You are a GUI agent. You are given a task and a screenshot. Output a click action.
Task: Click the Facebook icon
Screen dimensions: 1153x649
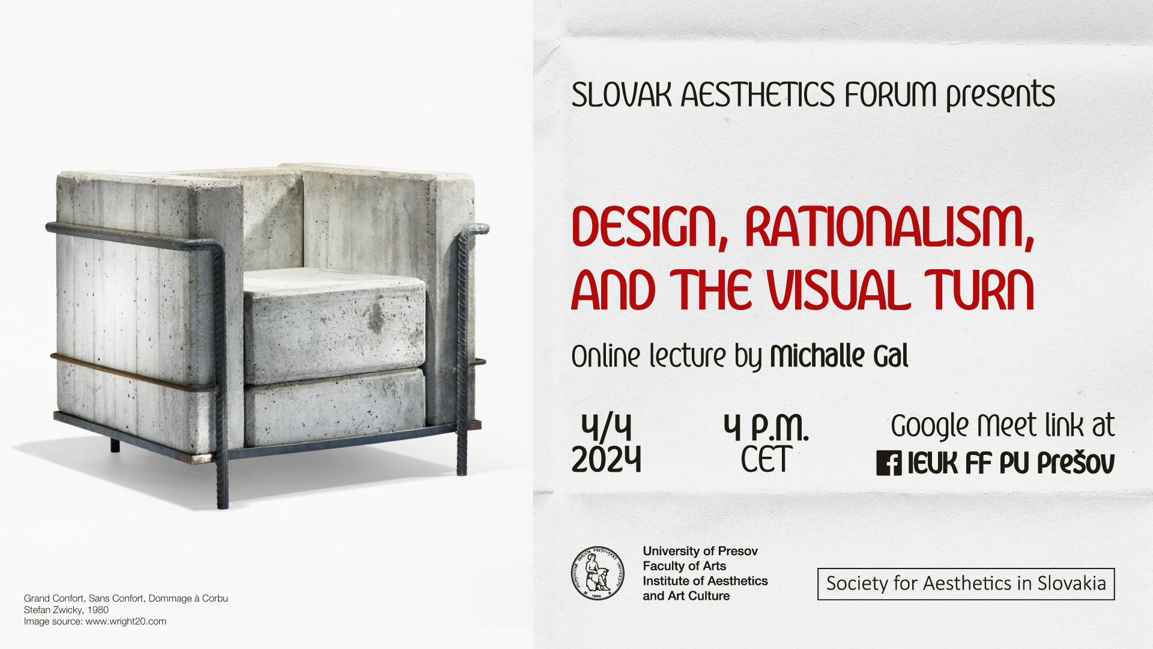[x=889, y=463]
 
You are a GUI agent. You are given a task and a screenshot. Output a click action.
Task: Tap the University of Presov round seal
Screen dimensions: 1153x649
[x=598, y=573]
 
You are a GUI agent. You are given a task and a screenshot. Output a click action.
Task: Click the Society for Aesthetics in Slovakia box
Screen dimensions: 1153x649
[x=966, y=583]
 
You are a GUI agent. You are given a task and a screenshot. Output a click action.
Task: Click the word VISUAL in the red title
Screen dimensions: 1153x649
[x=840, y=290]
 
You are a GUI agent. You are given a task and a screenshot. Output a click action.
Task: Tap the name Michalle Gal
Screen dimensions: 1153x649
[x=840, y=356]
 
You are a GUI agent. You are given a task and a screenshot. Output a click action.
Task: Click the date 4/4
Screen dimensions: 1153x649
[x=607, y=427]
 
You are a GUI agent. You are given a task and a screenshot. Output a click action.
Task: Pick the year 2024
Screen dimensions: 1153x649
[x=607, y=460]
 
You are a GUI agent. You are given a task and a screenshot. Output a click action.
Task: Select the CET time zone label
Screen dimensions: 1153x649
[x=766, y=460]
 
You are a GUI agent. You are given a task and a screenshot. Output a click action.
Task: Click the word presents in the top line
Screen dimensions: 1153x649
[x=1000, y=95]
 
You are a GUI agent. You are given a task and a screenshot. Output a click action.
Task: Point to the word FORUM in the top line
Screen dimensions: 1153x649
[x=891, y=95]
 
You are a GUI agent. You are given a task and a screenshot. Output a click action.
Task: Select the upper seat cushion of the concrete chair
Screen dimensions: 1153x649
[x=334, y=324]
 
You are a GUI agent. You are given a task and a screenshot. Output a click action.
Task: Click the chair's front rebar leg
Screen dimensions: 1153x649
[x=221, y=379]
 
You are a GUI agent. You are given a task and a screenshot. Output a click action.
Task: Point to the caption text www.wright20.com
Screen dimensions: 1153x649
[x=126, y=621]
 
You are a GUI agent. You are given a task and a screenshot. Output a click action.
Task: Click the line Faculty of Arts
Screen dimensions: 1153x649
[x=685, y=566]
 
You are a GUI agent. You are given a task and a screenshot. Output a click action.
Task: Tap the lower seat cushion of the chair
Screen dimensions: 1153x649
[x=334, y=409]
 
